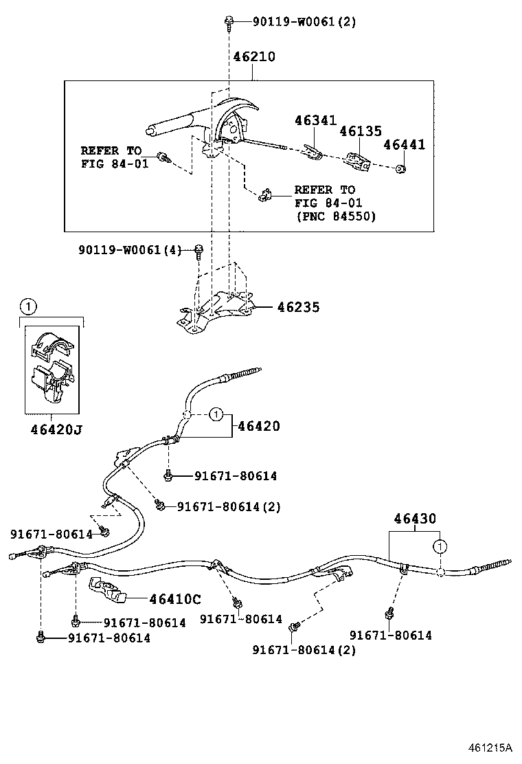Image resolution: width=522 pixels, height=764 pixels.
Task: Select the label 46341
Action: [315, 121]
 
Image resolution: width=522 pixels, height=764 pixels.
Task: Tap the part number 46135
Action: [360, 131]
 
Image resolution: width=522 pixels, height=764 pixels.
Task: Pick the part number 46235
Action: [298, 307]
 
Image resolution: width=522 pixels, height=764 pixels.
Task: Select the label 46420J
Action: [56, 431]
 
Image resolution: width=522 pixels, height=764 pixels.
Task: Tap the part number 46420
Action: [259, 427]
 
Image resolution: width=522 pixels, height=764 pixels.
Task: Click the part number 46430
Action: [414, 519]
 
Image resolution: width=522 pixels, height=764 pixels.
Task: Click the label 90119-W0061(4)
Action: [129, 250]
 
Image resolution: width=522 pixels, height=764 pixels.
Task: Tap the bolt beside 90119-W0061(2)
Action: [229, 23]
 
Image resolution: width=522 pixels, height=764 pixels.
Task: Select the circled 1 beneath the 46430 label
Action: [438, 546]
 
